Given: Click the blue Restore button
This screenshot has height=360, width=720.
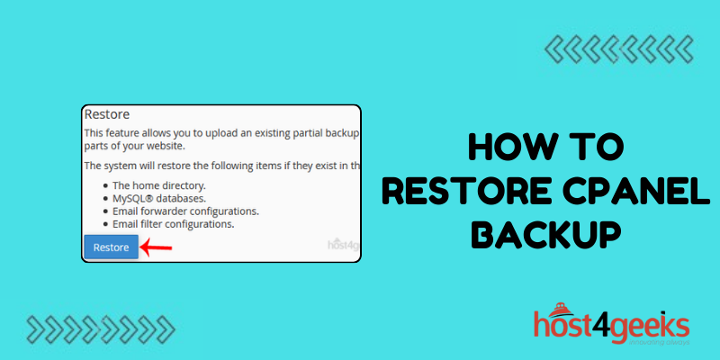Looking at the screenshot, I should tap(111, 247).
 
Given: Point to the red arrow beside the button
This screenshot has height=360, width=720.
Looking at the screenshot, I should tap(157, 246).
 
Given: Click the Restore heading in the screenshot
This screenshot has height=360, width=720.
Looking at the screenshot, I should tap(107, 115).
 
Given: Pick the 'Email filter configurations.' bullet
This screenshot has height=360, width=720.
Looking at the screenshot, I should tap(175, 223).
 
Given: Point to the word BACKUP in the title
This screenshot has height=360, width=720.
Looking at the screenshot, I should tap(547, 234).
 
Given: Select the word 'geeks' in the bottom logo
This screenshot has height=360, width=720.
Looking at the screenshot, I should tap(652, 323).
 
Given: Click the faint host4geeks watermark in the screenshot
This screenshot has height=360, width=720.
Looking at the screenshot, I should tap(342, 244).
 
